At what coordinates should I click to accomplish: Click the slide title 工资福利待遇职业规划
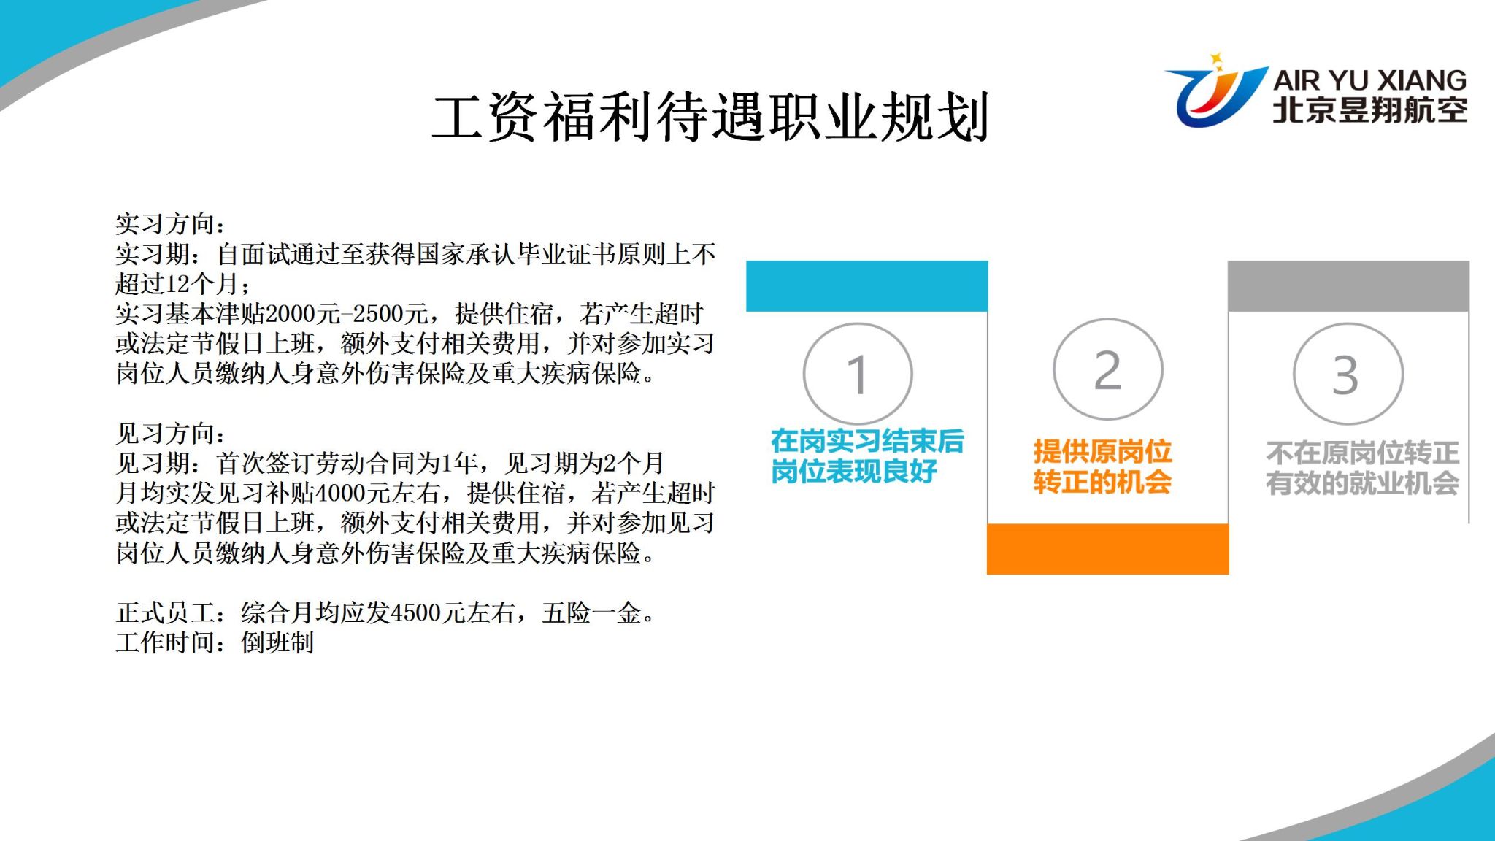coord(710,117)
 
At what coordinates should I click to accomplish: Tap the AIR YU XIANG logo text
coord(1369,80)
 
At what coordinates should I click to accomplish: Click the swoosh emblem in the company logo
coord(1215,91)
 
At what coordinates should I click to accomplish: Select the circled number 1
coord(858,374)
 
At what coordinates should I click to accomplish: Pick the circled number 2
coord(1108,369)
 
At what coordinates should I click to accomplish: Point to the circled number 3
coord(1348,374)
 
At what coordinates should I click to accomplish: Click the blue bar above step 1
coord(866,286)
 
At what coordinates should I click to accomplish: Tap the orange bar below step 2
coord(1108,549)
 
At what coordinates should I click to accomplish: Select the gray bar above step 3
coord(1348,286)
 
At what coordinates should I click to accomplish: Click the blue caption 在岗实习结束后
coord(867,441)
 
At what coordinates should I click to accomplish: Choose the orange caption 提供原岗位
coord(1102,452)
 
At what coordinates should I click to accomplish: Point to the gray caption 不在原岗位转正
coord(1362,453)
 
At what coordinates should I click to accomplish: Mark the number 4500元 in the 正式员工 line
coord(428,613)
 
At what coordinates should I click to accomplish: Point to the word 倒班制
coord(277,643)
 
